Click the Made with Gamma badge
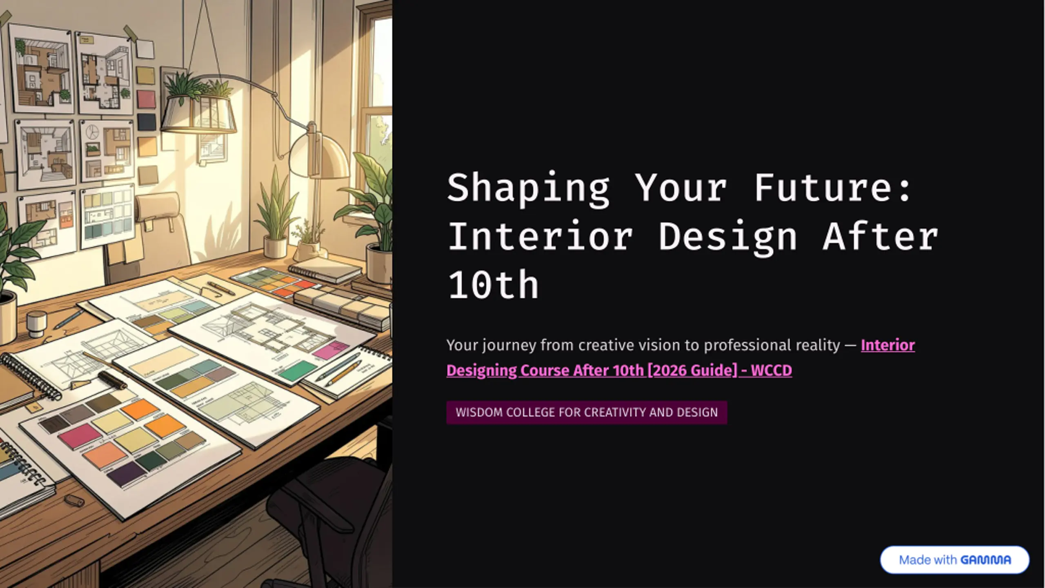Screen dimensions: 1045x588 955,560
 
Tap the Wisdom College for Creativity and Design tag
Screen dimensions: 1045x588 587,413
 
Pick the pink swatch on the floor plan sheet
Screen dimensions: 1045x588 331,350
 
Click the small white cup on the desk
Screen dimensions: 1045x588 37,324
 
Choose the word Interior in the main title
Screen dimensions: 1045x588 540,237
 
